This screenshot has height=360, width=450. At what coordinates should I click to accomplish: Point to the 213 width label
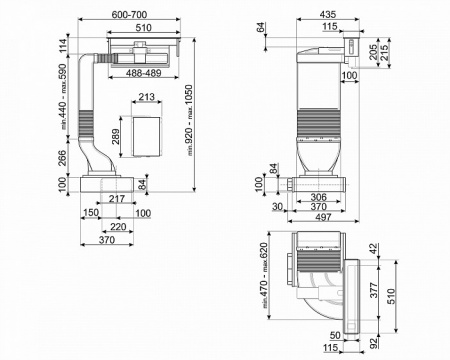(x=147, y=98)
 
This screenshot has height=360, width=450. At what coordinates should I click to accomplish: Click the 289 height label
(x=117, y=135)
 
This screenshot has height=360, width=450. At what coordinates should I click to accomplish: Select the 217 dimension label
(x=117, y=200)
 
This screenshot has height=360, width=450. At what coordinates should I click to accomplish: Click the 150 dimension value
(x=91, y=213)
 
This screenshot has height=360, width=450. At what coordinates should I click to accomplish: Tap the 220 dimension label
(x=117, y=227)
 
